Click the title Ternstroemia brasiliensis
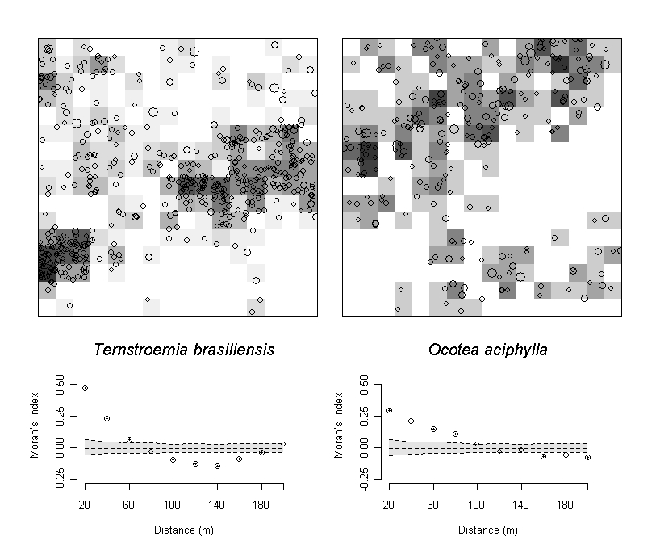pyautogui.click(x=184, y=350)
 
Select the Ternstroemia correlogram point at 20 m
pyautogui.click(x=85, y=388)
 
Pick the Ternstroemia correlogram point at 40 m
pyautogui.click(x=107, y=418)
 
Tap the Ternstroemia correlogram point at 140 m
pyautogui.click(x=217, y=466)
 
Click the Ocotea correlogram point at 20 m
pyautogui.click(x=389, y=410)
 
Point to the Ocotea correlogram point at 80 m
pyautogui.click(x=455, y=434)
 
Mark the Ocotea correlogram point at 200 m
pyautogui.click(x=587, y=457)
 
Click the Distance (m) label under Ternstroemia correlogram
pyautogui.click(x=184, y=530)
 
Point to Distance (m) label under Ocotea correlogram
pyautogui.click(x=488, y=530)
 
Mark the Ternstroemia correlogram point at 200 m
pyautogui.click(x=283, y=444)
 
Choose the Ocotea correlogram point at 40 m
pyautogui.click(x=411, y=421)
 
